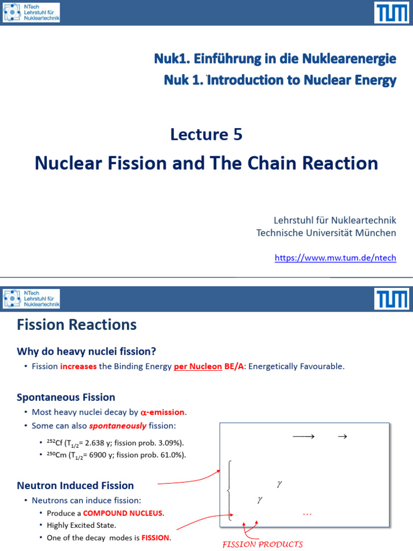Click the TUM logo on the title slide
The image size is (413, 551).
pyautogui.click(x=391, y=12)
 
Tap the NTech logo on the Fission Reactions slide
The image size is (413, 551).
pyautogui.click(x=31, y=299)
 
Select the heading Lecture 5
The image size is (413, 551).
pyautogui.click(x=206, y=134)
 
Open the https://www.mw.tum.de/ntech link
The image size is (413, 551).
pyautogui.click(x=335, y=258)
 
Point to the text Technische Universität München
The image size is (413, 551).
pyautogui.click(x=326, y=233)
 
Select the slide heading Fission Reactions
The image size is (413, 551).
pyautogui.click(x=77, y=324)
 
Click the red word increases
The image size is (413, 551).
pyautogui.click(x=79, y=366)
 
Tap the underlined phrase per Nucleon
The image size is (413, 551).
pyautogui.click(x=197, y=366)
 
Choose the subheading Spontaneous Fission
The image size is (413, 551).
pyautogui.click(x=66, y=397)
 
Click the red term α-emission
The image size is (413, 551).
pyautogui.click(x=163, y=413)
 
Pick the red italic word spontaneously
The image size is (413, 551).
pyautogui.click(x=118, y=426)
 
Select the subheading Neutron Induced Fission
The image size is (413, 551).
pyautogui.click(x=75, y=486)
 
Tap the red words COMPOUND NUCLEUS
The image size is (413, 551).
pyautogui.click(x=123, y=513)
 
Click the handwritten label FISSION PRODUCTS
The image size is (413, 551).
pyautogui.click(x=263, y=544)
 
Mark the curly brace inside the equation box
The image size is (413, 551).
pyautogui.click(x=230, y=490)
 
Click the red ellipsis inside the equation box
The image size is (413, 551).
pyautogui.click(x=307, y=514)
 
